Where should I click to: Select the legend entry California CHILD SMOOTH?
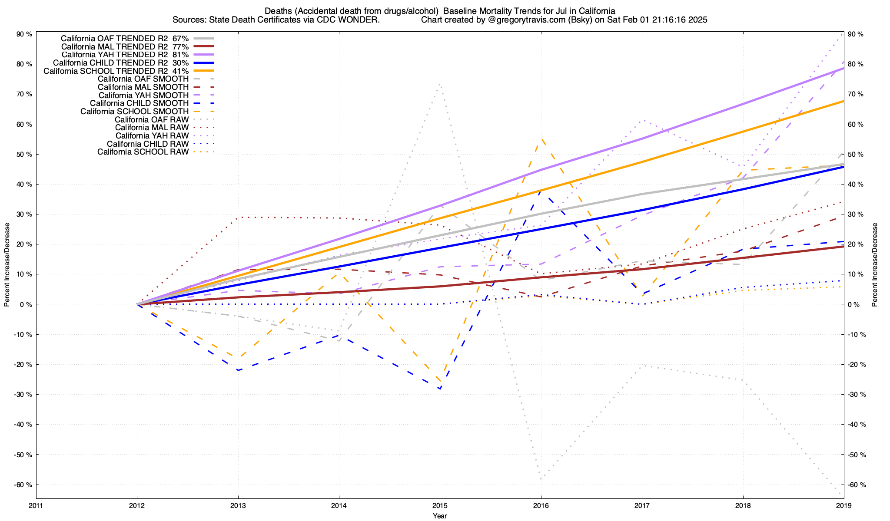[139, 103]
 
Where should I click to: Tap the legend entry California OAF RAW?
[152, 119]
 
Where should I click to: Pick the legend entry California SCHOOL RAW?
[143, 152]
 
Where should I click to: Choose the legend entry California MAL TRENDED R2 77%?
[125, 46]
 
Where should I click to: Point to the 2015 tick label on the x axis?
[440, 505]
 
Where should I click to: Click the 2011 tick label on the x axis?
[36, 505]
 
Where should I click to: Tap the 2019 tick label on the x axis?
[844, 505]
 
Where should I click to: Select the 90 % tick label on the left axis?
[24, 34]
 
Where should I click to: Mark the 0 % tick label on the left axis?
[26, 304]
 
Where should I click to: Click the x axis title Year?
[440, 516]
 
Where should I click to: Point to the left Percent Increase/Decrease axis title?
[7, 265]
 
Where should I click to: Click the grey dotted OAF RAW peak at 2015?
[440, 84]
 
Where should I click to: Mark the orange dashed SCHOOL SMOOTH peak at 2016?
[541, 139]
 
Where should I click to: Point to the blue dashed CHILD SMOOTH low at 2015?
[440, 389]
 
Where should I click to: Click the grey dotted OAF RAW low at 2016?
[541, 479]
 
